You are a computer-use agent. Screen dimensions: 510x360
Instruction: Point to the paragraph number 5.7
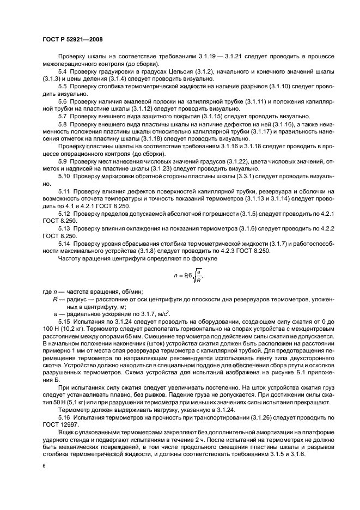click(x=63, y=116)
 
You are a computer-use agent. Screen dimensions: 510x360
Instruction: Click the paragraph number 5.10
click(x=64, y=178)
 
